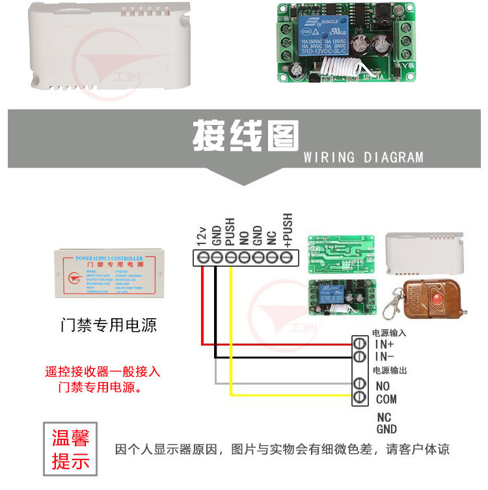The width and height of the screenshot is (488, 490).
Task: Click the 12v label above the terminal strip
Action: tap(202, 234)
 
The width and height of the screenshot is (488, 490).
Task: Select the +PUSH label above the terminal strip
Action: tap(287, 229)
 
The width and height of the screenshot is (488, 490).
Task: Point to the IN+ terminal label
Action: tap(384, 344)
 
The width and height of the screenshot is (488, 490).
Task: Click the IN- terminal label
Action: tap(384, 357)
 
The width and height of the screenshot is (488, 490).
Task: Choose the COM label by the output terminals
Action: tap(386, 399)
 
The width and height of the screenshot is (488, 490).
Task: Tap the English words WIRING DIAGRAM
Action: tap(363, 157)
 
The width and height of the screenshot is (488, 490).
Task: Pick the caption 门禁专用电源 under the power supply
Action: tap(108, 325)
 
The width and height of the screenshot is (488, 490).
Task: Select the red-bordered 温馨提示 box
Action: tap(70, 448)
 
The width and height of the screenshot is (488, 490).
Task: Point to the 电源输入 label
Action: tap(388, 333)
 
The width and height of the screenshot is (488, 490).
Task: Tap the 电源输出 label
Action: tap(389, 370)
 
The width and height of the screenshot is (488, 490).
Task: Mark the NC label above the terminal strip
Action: tap(272, 236)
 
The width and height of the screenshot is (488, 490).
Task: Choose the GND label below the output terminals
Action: tap(386, 429)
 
